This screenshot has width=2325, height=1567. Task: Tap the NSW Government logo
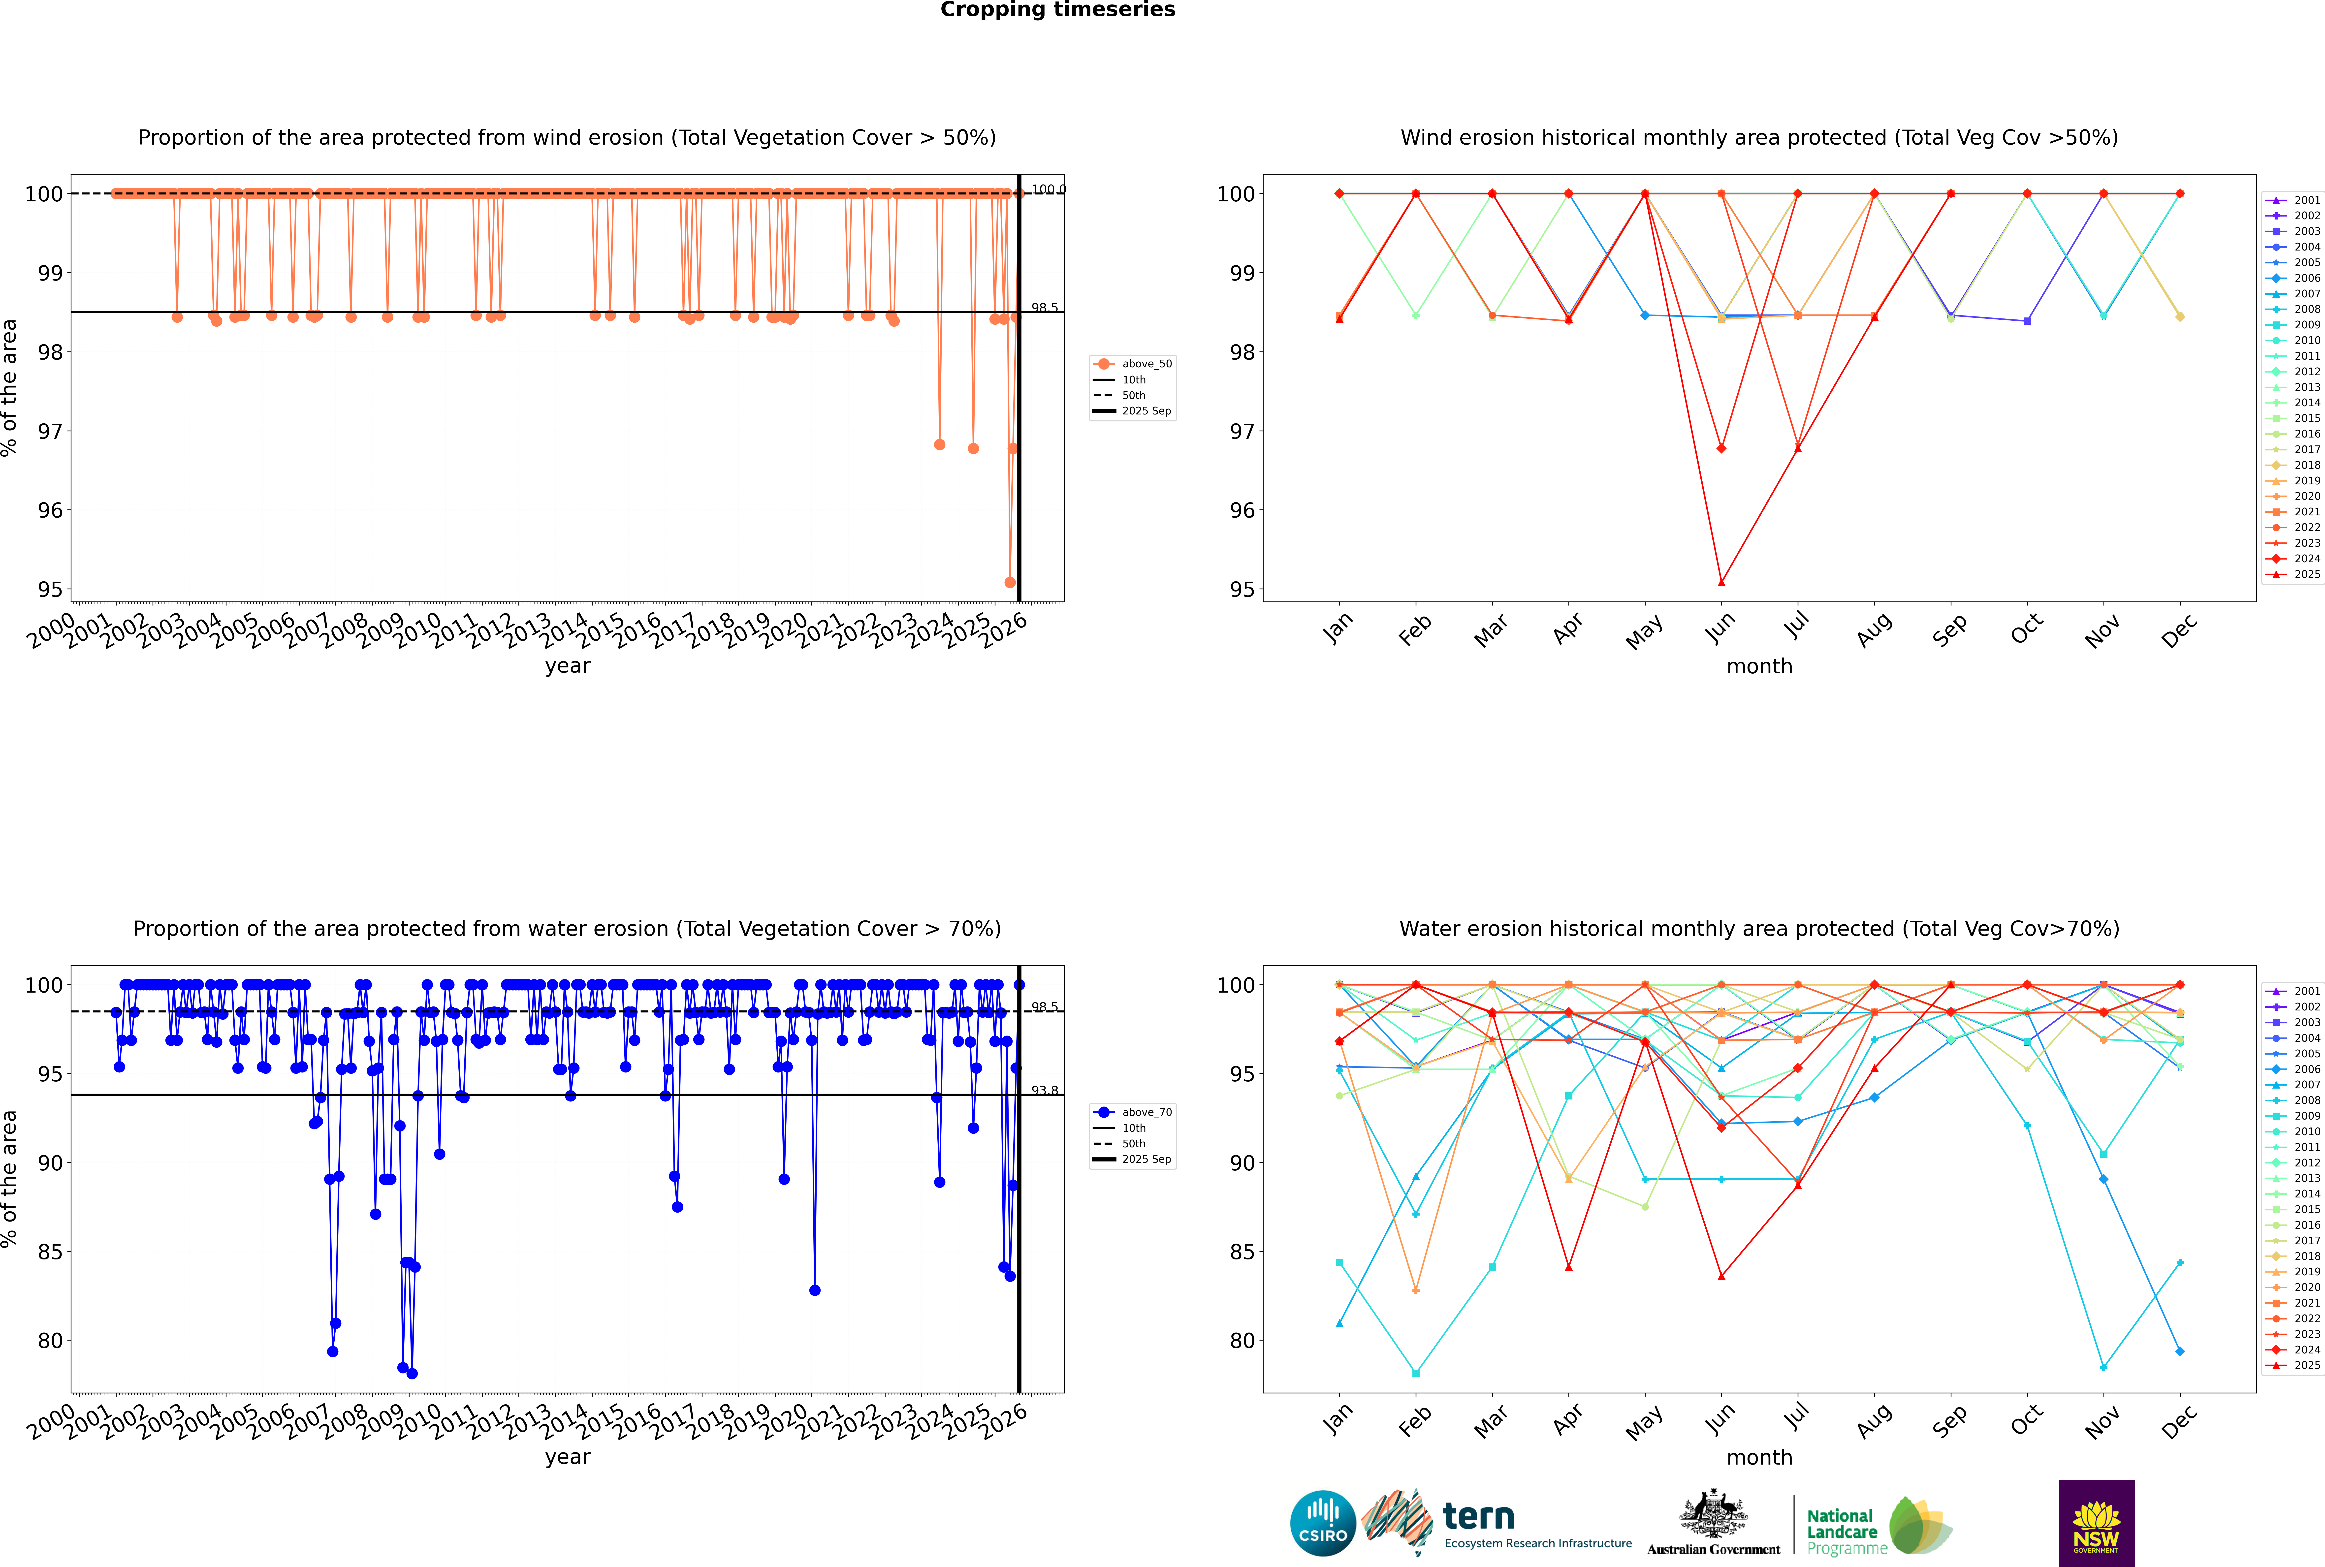click(2096, 1522)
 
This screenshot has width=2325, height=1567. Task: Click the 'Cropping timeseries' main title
click(1057, 10)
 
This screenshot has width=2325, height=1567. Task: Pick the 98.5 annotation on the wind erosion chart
click(1045, 308)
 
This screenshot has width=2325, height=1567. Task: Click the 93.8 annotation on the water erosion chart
click(1045, 1090)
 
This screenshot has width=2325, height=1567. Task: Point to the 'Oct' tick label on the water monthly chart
click(2026, 1419)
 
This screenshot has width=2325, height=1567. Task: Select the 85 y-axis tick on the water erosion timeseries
click(50, 1252)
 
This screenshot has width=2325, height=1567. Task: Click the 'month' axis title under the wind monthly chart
click(1759, 667)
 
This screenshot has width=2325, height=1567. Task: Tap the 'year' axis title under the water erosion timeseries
click(567, 1457)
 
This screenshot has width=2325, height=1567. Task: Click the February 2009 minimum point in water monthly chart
click(1415, 1373)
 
